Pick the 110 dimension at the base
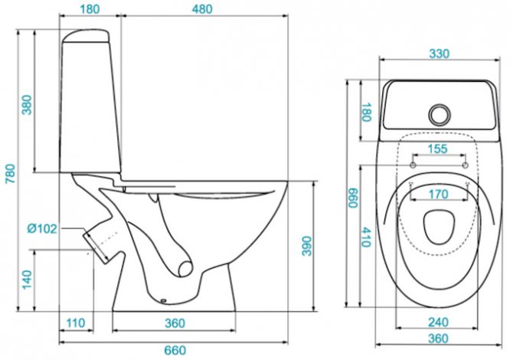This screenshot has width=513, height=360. pos(74,324)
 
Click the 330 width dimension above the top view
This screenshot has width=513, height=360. pos(439,54)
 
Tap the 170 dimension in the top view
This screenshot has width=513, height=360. pos(438,195)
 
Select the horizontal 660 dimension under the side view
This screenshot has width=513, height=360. pos(176,350)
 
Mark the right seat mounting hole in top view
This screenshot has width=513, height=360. pos(464,163)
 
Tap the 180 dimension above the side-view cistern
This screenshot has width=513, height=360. pos(91,10)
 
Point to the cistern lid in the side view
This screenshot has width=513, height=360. pos(90,34)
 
